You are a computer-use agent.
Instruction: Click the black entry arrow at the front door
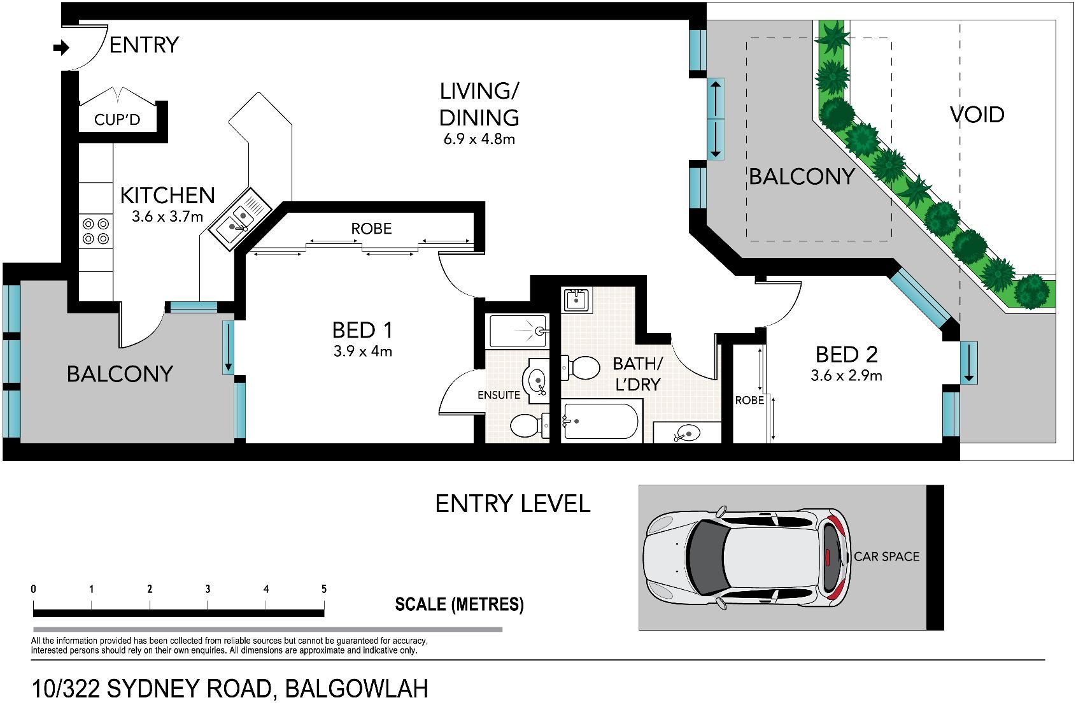[x=62, y=48]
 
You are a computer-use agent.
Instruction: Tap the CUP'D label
[x=117, y=119]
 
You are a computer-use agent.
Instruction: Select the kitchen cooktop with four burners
[x=96, y=231]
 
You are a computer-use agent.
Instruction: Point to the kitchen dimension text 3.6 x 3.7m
[x=167, y=217]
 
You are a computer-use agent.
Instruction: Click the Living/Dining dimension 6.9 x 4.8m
[x=479, y=139]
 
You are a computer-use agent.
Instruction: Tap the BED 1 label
[x=362, y=330]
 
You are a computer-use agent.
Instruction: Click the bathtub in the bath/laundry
[x=601, y=422]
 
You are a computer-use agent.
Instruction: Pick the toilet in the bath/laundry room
[x=581, y=368]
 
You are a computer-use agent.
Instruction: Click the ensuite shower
[x=518, y=331]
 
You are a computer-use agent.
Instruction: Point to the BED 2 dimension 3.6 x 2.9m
[x=846, y=375]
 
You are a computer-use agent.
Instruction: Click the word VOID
[x=977, y=115]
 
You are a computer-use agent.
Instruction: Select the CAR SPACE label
[x=887, y=557]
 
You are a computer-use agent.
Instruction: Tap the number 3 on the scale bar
[x=208, y=589]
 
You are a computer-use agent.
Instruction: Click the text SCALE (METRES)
[x=459, y=604]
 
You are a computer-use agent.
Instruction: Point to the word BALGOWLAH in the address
[x=357, y=689]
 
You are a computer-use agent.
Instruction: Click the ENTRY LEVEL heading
[x=513, y=504]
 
